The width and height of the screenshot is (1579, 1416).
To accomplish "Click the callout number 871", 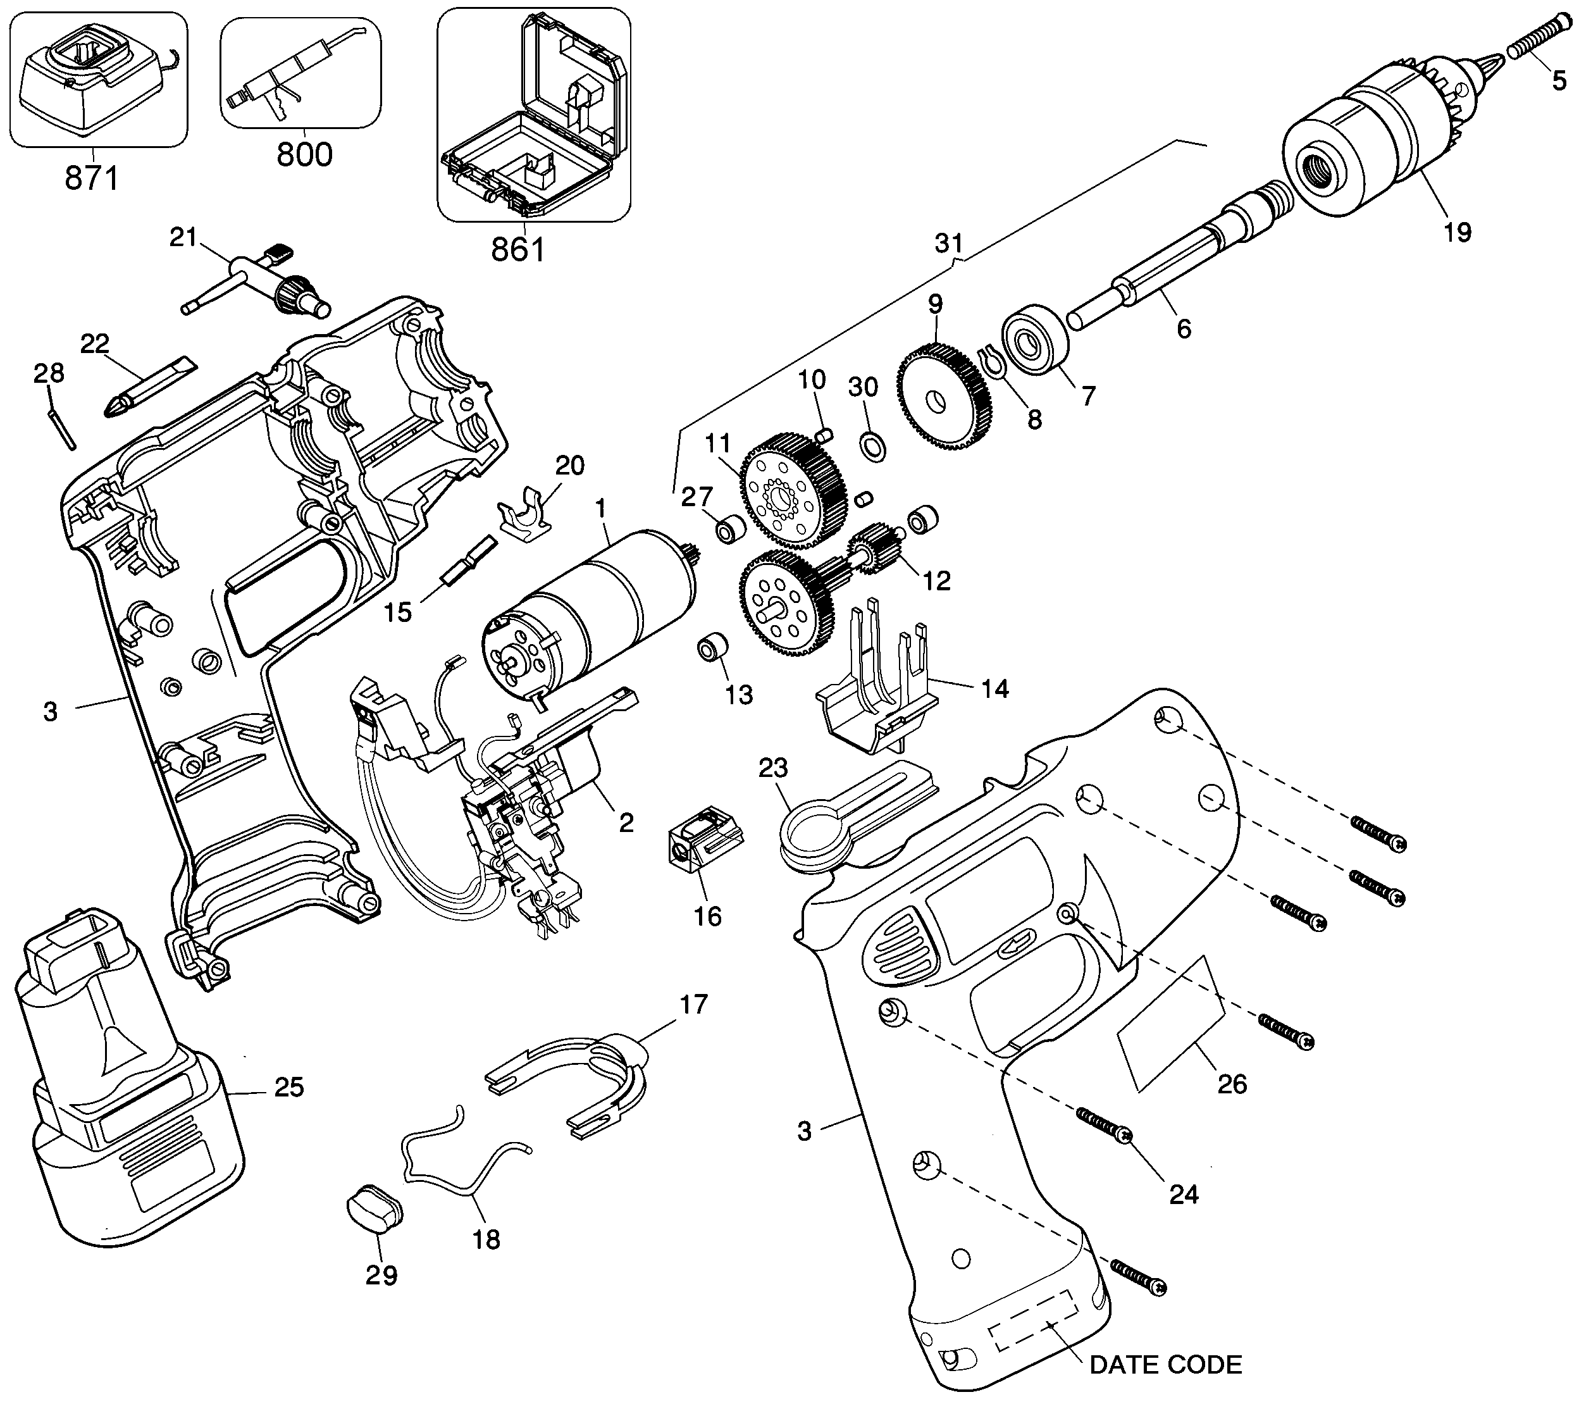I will pos(92,179).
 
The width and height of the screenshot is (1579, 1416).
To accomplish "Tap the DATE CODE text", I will pos(1165,1365).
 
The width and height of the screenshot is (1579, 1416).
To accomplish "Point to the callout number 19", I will pos(1457,232).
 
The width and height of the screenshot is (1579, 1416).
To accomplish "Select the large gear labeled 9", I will pos(943,400).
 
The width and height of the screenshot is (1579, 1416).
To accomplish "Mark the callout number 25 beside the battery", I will pos(288,1087).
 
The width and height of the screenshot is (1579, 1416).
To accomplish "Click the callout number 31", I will pos(949,244).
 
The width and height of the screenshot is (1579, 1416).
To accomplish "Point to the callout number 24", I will pos(1183,1193).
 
